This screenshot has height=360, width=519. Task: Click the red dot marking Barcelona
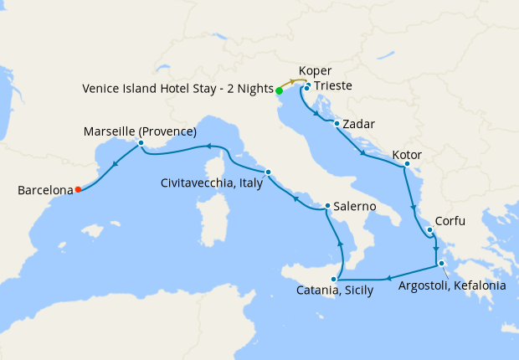[x=78, y=189]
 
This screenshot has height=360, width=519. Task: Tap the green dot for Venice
[x=279, y=91]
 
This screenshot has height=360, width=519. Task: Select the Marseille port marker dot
[x=141, y=143]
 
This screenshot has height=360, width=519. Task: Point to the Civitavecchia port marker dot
[x=268, y=172]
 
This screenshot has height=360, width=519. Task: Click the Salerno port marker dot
[x=327, y=206]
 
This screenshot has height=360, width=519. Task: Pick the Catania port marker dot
[x=335, y=278]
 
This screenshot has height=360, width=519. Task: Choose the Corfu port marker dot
[x=429, y=230]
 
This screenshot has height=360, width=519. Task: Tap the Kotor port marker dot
[x=407, y=164]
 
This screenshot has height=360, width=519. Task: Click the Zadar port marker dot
[x=337, y=124]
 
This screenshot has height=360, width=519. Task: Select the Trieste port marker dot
[x=307, y=87]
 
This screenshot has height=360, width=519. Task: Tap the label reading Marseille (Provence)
[x=141, y=131]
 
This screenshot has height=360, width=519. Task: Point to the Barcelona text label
[x=44, y=191]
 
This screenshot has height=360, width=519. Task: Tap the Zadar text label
[x=358, y=125]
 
